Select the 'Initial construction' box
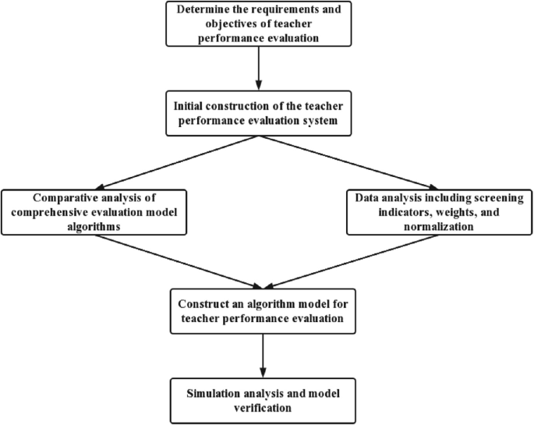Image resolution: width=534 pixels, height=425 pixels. coord(256,114)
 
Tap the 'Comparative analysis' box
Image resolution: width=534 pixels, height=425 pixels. coord(95,211)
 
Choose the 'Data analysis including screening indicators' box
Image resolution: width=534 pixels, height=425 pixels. coord(428,211)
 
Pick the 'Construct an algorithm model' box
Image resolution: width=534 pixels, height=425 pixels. coord(256,310)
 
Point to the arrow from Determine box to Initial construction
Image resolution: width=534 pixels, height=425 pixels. coord(256,69)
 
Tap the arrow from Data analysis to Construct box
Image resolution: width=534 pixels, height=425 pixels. coord(343,260)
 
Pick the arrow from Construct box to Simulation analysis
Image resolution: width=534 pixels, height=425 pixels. coord(256,354)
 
